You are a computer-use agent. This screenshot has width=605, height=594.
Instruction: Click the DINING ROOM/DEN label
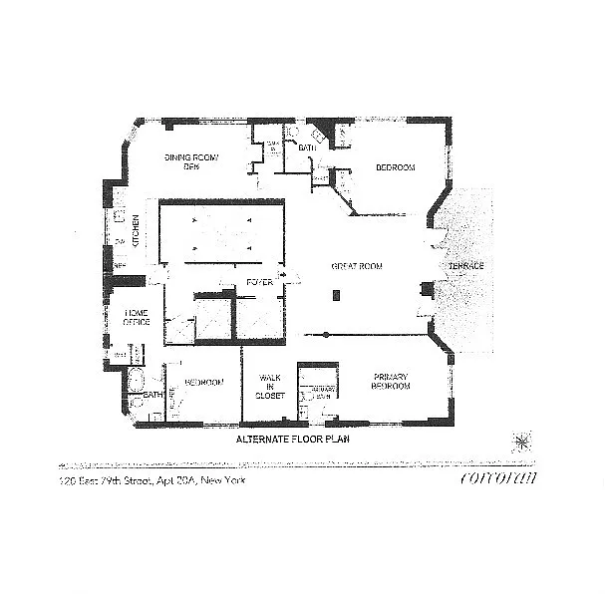coord(190,162)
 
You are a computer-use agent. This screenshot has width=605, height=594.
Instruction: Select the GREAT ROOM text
coord(357,266)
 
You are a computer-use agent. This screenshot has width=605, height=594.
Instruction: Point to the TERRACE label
coord(464,267)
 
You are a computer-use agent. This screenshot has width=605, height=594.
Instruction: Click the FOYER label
coord(259,283)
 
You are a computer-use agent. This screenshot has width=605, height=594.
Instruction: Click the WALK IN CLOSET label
coord(271,387)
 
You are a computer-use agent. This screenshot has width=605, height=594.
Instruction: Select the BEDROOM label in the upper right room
coord(395,167)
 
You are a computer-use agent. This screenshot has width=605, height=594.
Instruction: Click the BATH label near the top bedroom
coord(307,148)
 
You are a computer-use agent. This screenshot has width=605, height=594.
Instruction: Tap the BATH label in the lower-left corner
coord(152,395)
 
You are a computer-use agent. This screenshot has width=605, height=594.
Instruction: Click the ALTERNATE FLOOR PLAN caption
coord(291,439)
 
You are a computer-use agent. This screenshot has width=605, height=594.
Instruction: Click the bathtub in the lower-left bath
coord(138,383)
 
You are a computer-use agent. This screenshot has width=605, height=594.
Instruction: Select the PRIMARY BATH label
coord(320,392)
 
